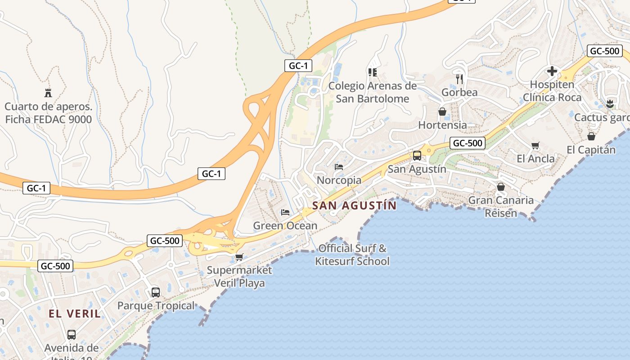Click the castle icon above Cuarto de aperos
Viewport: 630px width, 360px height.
[48, 93]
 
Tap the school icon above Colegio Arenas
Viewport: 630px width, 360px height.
[372, 72]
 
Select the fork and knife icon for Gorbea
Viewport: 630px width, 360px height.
[459, 79]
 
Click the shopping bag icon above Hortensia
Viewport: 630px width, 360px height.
[442, 112]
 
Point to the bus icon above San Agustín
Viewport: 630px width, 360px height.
[417, 156]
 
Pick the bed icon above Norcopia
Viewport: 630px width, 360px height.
[339, 167]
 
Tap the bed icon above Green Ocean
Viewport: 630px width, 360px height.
[285, 212]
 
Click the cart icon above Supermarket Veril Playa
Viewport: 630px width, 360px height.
[239, 257]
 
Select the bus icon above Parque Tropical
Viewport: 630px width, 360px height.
[156, 292]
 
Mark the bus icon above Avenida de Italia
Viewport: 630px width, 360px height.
[72, 335]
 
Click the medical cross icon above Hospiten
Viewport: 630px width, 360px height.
[552, 71]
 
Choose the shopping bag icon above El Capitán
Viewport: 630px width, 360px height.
[591, 136]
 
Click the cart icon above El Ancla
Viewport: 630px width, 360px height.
[535, 145]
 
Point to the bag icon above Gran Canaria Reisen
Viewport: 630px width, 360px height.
[501, 186]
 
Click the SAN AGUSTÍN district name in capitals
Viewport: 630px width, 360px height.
[355, 206]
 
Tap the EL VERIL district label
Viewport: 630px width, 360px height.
[75, 314]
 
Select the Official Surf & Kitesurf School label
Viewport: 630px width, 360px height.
[352, 255]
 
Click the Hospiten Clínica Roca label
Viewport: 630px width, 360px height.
[552, 91]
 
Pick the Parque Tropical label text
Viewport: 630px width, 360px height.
[156, 306]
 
